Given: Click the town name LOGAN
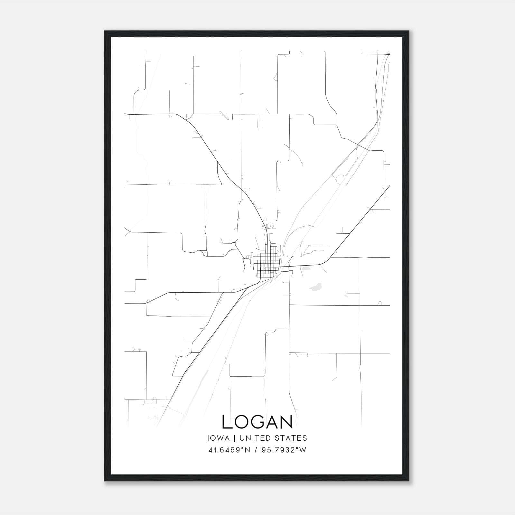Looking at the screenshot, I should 257,422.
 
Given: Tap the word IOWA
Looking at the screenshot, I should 219,438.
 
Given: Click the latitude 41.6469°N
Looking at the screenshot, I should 229,450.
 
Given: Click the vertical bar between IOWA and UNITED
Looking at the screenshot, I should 235,438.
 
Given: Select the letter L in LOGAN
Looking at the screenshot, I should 226,422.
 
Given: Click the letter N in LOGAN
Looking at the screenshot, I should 286,422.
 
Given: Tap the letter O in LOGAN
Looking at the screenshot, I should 241,422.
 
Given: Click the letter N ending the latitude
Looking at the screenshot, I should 248,450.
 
